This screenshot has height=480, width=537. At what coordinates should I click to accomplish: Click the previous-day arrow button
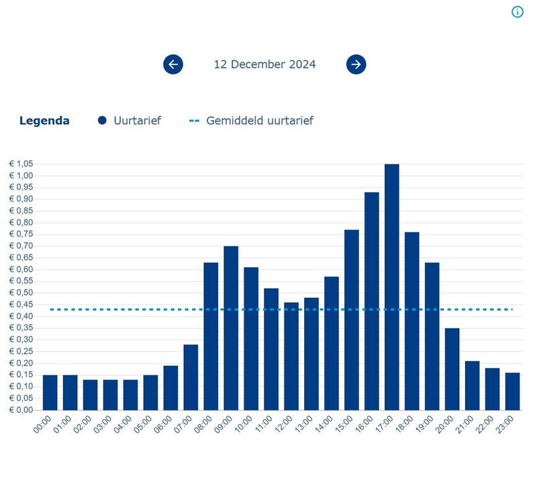(173, 64)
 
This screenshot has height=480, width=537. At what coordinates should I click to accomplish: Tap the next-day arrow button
(356, 64)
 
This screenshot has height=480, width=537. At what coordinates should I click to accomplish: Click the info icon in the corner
(517, 12)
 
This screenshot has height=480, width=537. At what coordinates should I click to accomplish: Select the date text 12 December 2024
(264, 64)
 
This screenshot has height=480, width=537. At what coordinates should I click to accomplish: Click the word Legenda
(44, 121)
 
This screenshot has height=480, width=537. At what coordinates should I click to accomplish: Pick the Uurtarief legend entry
(130, 121)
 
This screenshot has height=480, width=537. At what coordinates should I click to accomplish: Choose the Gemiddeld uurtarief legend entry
(252, 121)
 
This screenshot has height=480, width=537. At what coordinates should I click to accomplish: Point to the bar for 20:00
(452, 369)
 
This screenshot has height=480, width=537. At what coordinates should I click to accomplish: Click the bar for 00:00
(50, 392)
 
